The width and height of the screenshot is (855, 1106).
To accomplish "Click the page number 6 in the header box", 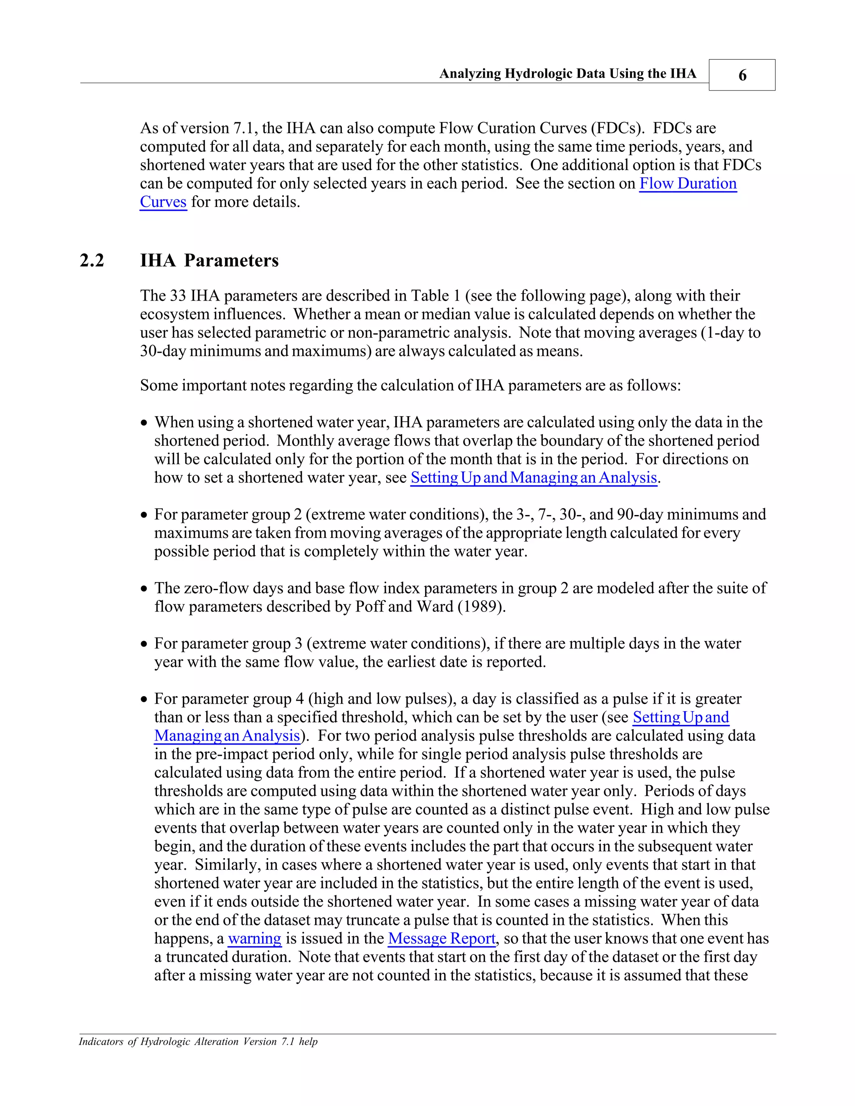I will (x=742, y=76).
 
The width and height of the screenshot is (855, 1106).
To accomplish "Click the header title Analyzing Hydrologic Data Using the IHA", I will (x=567, y=74).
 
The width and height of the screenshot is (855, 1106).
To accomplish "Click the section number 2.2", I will (x=92, y=261).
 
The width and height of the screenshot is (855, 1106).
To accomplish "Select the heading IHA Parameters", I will (x=209, y=261).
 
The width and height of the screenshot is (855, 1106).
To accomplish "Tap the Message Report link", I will (x=441, y=938).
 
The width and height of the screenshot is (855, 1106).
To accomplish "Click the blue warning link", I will (x=254, y=938).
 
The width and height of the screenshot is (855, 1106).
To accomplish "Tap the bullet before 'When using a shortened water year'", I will (x=145, y=423).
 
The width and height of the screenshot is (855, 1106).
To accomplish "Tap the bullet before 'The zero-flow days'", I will (x=145, y=589).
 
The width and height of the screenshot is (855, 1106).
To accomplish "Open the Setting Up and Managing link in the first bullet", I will (x=534, y=477).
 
